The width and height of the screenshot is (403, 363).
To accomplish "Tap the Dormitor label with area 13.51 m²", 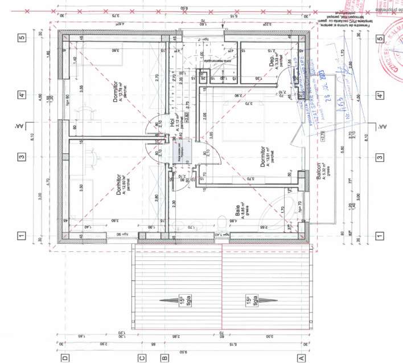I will [265, 154].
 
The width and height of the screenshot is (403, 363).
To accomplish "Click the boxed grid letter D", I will [65, 358].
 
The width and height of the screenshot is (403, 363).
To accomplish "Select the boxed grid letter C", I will [143, 358].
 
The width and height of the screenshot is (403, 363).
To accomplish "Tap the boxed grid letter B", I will [165, 358].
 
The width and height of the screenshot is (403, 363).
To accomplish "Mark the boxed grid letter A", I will [302, 358].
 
